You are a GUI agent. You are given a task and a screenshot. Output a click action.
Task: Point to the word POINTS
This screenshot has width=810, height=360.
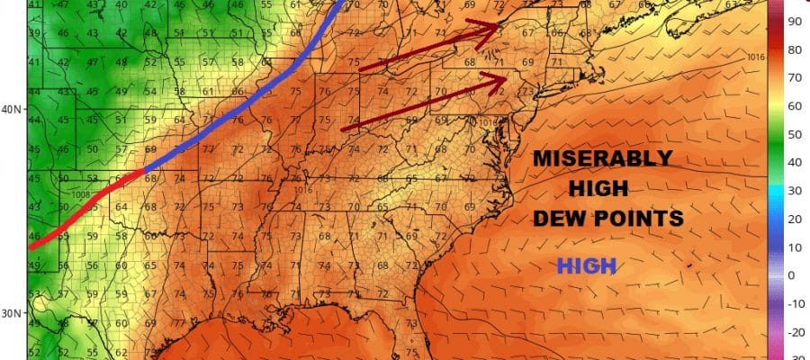click(x=641, y=218)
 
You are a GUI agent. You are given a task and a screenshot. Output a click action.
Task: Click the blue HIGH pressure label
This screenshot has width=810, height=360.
click(x=586, y=265)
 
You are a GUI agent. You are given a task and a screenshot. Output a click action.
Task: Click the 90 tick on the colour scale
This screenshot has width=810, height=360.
click(x=795, y=20)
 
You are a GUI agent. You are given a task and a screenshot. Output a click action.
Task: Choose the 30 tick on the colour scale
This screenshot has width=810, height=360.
click(x=795, y=190)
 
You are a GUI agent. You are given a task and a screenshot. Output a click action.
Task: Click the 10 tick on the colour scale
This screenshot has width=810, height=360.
click(x=795, y=247)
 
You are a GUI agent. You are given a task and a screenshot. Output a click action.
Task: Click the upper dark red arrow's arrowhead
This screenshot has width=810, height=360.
click(x=493, y=30)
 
